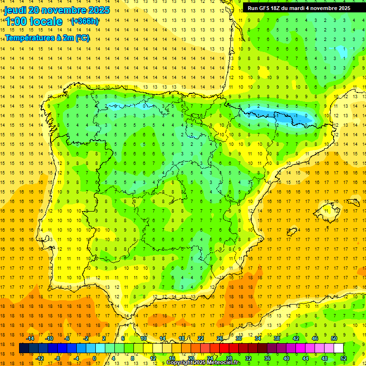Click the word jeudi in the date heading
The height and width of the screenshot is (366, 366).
point(15,10)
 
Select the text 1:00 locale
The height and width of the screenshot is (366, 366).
point(34,21)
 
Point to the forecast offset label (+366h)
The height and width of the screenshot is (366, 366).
point(85,21)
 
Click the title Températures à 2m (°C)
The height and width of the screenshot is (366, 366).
point(47,38)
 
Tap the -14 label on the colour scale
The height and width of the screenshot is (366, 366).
point(30,338)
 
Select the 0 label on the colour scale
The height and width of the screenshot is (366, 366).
point(94,358)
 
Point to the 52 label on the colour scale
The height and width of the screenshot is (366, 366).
point(344,358)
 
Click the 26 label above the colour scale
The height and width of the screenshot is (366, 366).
point(219,338)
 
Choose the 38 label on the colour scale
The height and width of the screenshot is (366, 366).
point(276,338)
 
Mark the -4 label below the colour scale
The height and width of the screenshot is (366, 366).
point(75,358)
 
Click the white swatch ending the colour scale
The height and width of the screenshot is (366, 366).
point(339,348)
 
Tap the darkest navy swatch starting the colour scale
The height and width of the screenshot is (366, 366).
point(24,348)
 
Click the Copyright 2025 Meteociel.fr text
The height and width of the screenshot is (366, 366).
point(203,363)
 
